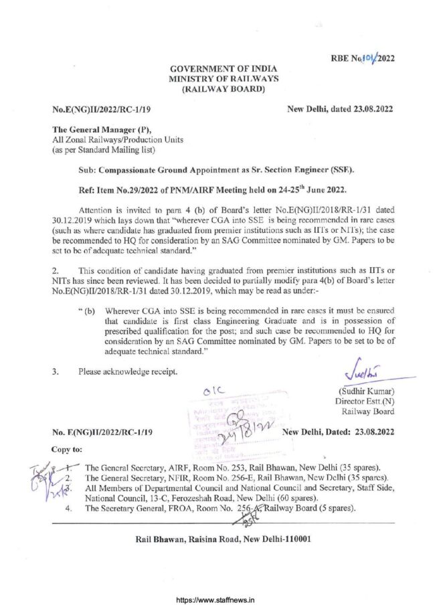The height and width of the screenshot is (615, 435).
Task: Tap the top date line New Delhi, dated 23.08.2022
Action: [x=339, y=108]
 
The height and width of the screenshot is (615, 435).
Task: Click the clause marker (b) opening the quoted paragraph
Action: [x=92, y=311]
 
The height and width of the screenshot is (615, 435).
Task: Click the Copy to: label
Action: [x=67, y=451]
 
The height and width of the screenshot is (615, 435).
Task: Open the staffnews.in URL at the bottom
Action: [x=217, y=600]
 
